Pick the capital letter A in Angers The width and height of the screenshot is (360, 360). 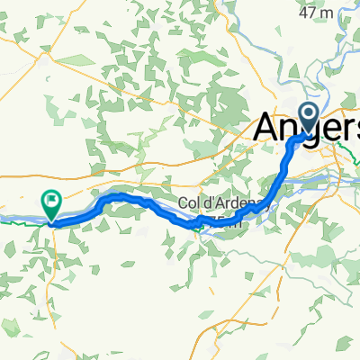pos(266,127)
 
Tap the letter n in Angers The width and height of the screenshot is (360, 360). pos(290,129)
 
